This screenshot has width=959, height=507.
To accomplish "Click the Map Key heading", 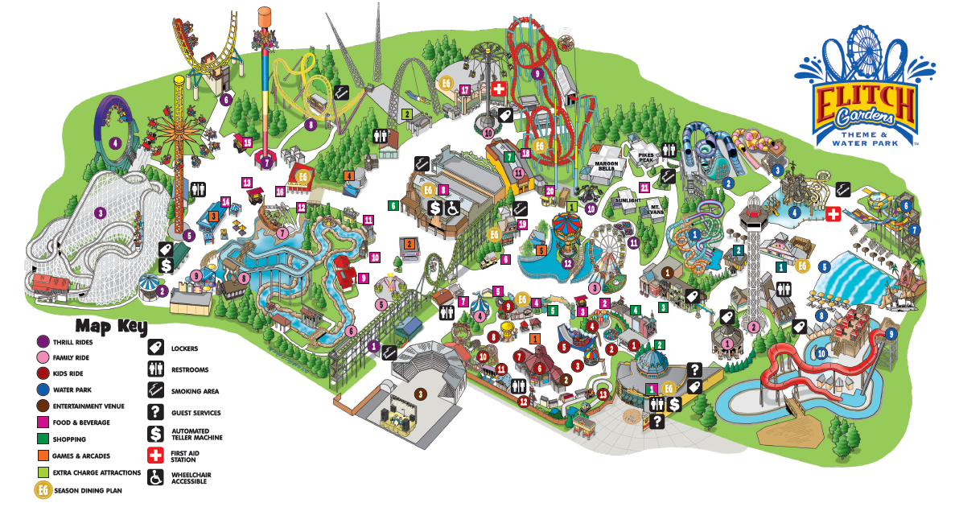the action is point(111,326).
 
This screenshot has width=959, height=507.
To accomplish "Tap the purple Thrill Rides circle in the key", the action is point(43,341).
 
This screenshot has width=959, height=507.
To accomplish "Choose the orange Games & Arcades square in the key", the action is point(43,455).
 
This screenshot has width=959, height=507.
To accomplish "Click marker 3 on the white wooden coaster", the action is point(100,213).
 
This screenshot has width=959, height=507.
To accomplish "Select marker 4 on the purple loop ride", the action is point(116,144).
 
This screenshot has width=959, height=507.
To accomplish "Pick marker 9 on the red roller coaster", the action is point(537,73).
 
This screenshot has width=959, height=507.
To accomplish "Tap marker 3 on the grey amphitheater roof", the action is point(420,393).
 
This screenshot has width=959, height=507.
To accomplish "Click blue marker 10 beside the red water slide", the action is point(822,352).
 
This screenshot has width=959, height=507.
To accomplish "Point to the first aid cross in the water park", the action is point(834,215).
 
